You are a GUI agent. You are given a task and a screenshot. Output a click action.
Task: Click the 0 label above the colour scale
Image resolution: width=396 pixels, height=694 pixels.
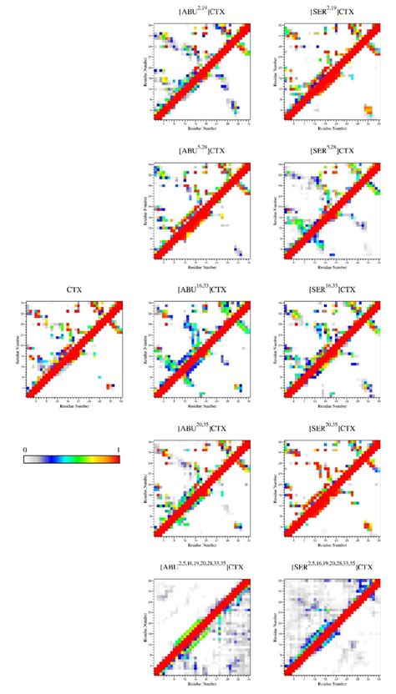[27, 450]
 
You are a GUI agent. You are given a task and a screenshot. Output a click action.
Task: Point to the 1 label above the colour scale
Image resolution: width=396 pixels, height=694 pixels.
[119, 450]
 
